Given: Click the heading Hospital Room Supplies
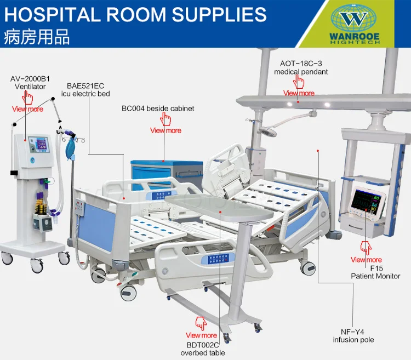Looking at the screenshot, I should coord(135,15).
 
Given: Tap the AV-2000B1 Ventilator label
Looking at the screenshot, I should coord(30,83).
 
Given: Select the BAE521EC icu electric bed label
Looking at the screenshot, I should coord(89,90).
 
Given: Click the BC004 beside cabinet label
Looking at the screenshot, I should coord(158,108).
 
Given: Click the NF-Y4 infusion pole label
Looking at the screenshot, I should coord(353,336).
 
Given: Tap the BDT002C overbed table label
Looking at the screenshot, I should coord(202,349).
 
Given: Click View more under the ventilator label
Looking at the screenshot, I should coord(27,109).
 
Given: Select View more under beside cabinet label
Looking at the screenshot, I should coord(165,130).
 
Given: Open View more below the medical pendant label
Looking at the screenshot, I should coord(299,93).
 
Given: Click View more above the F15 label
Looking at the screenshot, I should coord(366,260).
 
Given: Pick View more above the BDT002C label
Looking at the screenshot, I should coord(201,335).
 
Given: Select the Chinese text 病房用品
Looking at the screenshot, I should coord(37,38).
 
